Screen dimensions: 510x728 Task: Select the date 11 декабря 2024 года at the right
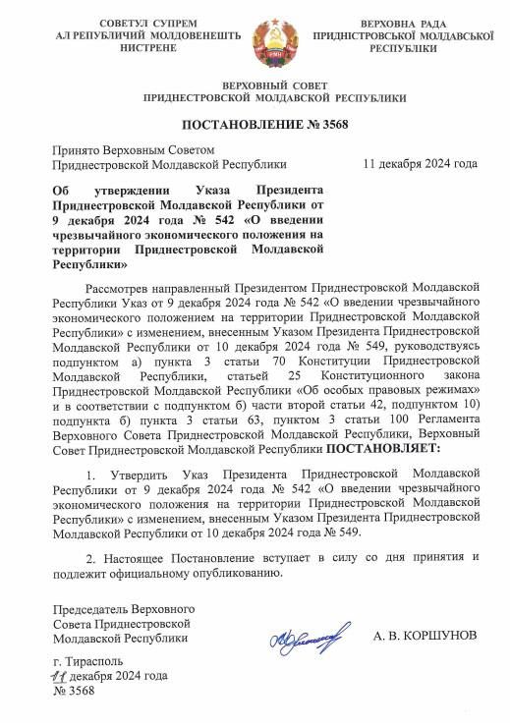coord(420,163)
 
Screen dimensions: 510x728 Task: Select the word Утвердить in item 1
coord(131,475)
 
